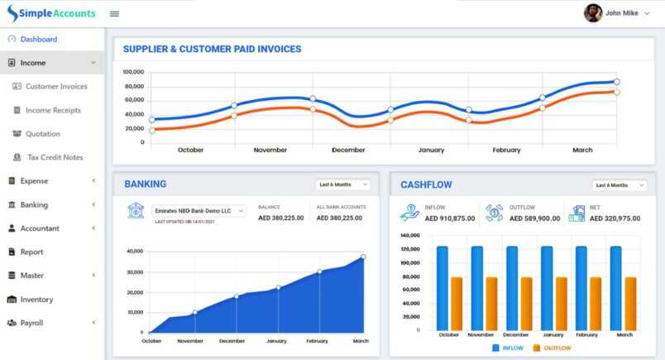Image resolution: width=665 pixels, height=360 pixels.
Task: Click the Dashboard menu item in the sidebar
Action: pyautogui.click(x=38, y=39)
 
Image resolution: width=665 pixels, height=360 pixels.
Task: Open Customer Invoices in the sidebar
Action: pyautogui.click(x=55, y=86)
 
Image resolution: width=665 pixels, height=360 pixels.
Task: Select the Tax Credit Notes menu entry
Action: pyautogui.click(x=54, y=157)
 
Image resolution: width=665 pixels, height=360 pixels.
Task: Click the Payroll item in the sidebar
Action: pyautogui.click(x=31, y=323)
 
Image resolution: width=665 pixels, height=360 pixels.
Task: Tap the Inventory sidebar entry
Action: pyautogui.click(x=36, y=300)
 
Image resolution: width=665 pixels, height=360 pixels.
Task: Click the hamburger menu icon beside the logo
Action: pyautogui.click(x=114, y=13)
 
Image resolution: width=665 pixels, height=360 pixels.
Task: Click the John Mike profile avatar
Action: pyautogui.click(x=592, y=13)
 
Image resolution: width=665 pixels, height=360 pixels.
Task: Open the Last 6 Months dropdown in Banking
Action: pyautogui.click(x=342, y=185)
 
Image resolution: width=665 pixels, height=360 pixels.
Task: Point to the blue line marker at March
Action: pyautogui.click(x=616, y=82)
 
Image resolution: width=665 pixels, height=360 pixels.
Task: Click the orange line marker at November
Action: pyautogui.click(x=234, y=116)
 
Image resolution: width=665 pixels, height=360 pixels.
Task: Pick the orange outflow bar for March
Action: pyautogui.click(x=630, y=302)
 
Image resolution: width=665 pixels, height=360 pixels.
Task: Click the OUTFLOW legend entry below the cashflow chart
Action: pyautogui.click(x=552, y=348)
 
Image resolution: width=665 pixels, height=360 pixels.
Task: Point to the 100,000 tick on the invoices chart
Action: pyautogui.click(x=133, y=72)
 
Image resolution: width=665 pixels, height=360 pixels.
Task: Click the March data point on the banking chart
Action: pyautogui.click(x=362, y=257)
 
